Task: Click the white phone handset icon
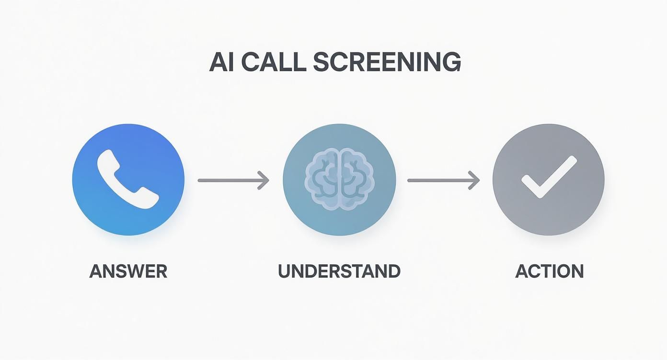(x=127, y=179)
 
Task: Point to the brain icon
(x=339, y=180)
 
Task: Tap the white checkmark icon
(x=549, y=178)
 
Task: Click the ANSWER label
(x=128, y=271)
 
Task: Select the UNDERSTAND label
(x=339, y=271)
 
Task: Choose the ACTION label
(x=549, y=271)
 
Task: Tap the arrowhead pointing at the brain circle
(x=264, y=180)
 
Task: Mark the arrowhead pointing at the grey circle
(x=474, y=180)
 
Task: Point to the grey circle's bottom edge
(x=549, y=235)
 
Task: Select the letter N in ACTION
(x=576, y=271)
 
